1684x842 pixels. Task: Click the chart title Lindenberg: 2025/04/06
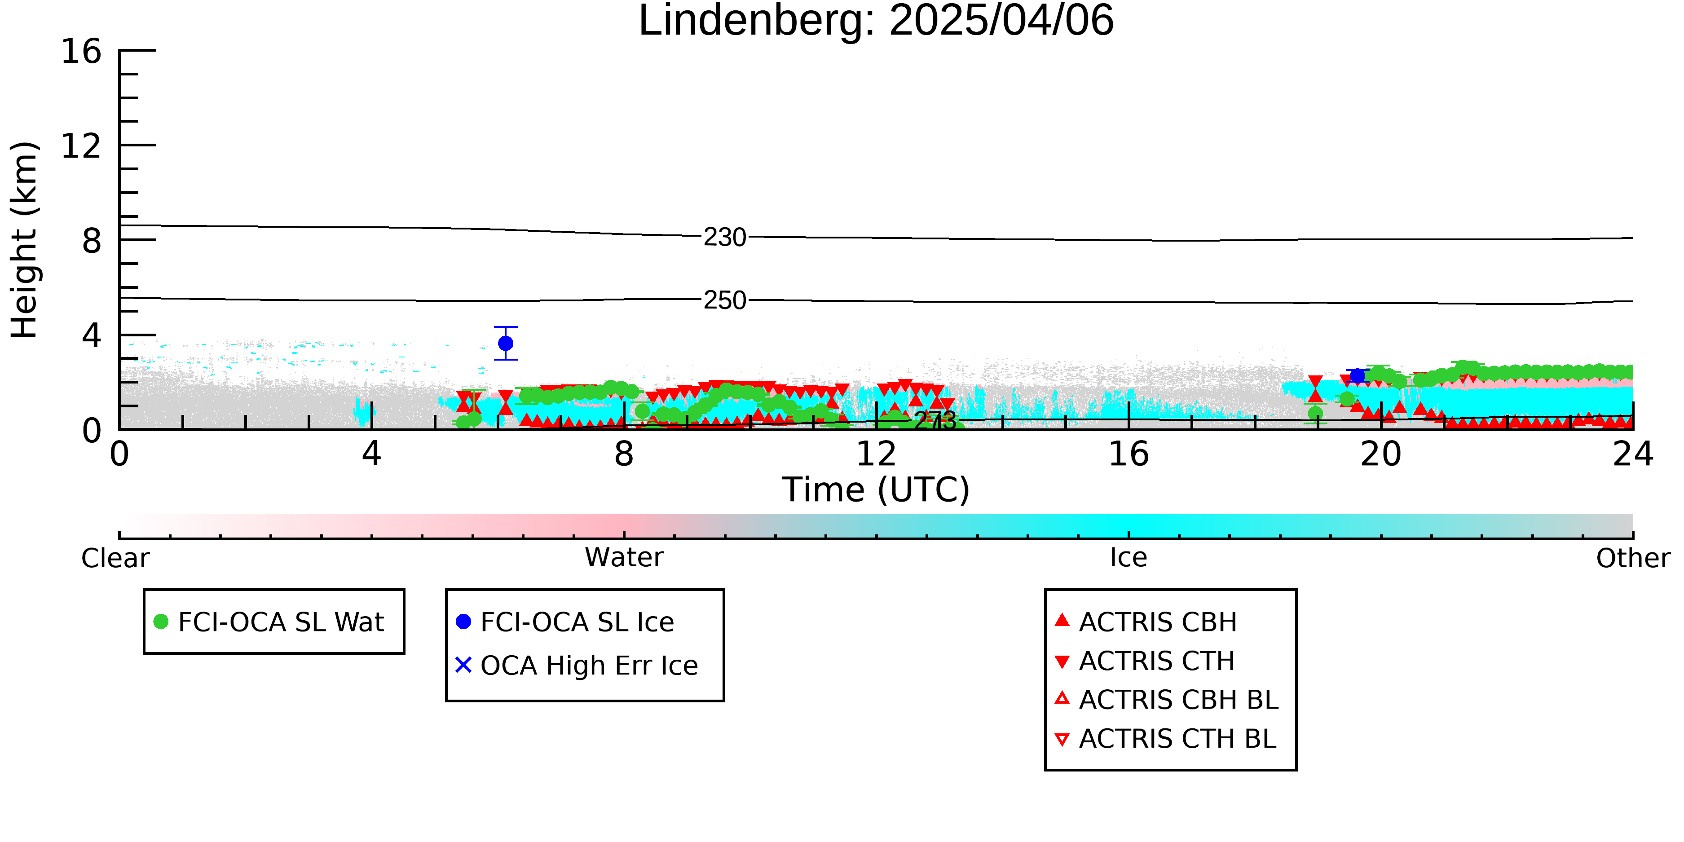pos(876,21)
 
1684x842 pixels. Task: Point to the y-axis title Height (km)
pos(25,240)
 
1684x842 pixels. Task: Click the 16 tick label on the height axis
pos(81,51)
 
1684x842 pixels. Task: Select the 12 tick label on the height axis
pos(81,146)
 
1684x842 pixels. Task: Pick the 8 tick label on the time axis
pos(624,454)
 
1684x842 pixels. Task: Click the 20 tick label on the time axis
pos(1381,454)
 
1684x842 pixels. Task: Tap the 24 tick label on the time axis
pos(1633,454)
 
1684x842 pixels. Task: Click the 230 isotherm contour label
pos(724,237)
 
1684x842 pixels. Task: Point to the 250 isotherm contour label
pos(724,301)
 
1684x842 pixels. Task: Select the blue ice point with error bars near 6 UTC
pos(505,343)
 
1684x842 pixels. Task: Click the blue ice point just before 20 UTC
pos(1358,376)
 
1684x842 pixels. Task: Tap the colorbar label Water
pos(624,558)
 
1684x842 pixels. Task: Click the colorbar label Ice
pos(1129,558)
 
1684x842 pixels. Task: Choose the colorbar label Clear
pos(115,558)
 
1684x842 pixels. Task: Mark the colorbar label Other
pos(1633,558)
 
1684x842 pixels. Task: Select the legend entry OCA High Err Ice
pos(577,666)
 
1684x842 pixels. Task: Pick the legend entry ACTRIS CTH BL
pos(1166,739)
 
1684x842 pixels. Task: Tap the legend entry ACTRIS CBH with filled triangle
pos(1146,622)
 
